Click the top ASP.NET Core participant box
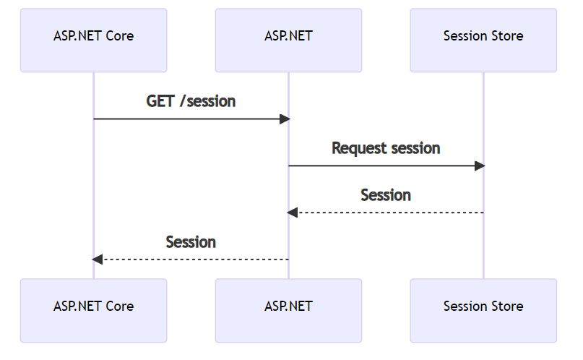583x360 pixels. (x=93, y=40)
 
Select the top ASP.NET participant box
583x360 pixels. (x=288, y=40)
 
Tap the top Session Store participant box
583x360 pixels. (x=483, y=40)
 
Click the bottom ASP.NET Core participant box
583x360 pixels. (x=93, y=310)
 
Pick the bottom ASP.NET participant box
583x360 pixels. (x=288, y=310)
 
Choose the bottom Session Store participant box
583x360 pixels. (x=483, y=310)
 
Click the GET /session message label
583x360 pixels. (x=191, y=101)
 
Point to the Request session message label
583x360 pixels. (x=386, y=148)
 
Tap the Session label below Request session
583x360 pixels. (x=386, y=195)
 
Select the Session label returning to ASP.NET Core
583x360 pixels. (x=191, y=242)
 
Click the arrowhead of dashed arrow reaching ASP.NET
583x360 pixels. (x=292, y=213)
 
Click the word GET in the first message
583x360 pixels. (x=160, y=101)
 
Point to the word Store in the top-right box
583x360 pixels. (x=507, y=35)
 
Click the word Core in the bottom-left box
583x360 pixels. (x=119, y=306)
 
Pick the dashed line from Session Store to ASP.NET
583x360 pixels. (x=390, y=213)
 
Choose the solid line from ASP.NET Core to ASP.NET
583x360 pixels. (x=188, y=119)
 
